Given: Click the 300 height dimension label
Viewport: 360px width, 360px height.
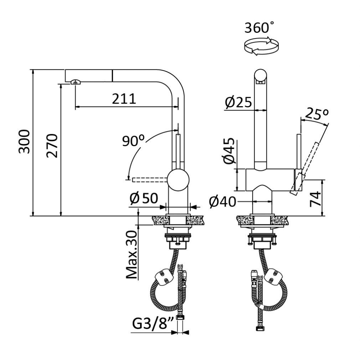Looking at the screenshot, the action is (x=24, y=141).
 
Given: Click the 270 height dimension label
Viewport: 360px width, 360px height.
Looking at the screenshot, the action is (x=52, y=145).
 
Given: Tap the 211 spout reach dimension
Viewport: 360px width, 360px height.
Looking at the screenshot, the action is (x=124, y=99).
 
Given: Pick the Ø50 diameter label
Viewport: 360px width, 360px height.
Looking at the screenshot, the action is (x=144, y=198).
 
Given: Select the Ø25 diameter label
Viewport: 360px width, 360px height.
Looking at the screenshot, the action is (x=238, y=102).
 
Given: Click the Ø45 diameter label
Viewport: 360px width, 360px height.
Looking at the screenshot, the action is (x=229, y=151).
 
